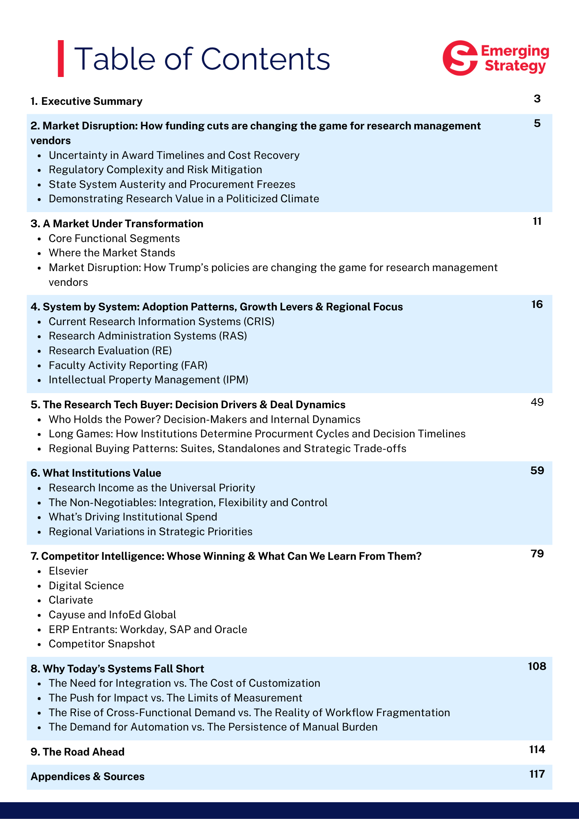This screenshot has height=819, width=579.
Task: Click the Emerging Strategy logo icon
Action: [460, 58]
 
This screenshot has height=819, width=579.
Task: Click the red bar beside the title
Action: [61, 58]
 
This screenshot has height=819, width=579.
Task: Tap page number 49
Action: [537, 402]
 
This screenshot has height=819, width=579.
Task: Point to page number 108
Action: [537, 666]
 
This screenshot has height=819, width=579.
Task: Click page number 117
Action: [537, 774]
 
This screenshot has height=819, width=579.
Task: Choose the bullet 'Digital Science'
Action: [86, 586]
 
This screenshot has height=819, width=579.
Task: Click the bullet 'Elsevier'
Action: [68, 571]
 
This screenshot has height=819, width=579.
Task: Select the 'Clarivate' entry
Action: [71, 600]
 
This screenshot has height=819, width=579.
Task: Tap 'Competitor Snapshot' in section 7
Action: [102, 644]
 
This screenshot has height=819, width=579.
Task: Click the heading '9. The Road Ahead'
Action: [77, 752]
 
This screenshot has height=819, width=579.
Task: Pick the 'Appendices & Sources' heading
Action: [88, 776]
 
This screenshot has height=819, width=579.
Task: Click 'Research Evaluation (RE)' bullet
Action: [110, 351]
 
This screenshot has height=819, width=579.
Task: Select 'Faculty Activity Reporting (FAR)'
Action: [128, 365]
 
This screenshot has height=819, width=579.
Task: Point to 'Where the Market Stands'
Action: [112, 253]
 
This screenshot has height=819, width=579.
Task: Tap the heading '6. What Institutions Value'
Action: [96, 473]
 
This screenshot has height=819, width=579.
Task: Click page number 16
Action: [537, 304]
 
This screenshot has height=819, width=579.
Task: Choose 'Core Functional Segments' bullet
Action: [114, 238]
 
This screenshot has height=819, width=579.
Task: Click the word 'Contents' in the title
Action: [265, 59]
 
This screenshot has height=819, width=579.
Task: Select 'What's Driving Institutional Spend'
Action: [133, 517]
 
